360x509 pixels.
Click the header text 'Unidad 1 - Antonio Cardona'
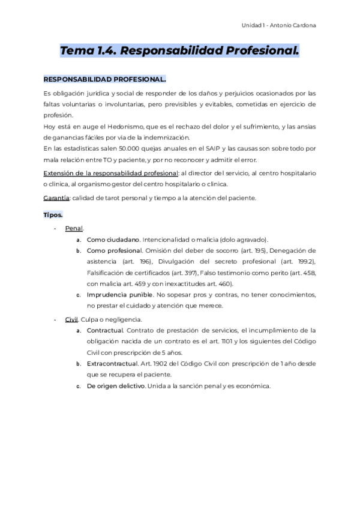[x=279, y=25]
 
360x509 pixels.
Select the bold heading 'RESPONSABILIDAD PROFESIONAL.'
[x=105, y=79]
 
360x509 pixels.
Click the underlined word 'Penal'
[x=74, y=228]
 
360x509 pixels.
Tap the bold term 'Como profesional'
[x=115, y=250]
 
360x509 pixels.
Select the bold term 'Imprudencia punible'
[x=119, y=295]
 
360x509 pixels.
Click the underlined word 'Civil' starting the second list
[x=71, y=319]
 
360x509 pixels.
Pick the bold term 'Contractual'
[x=105, y=330]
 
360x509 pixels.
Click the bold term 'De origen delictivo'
[x=116, y=386]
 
